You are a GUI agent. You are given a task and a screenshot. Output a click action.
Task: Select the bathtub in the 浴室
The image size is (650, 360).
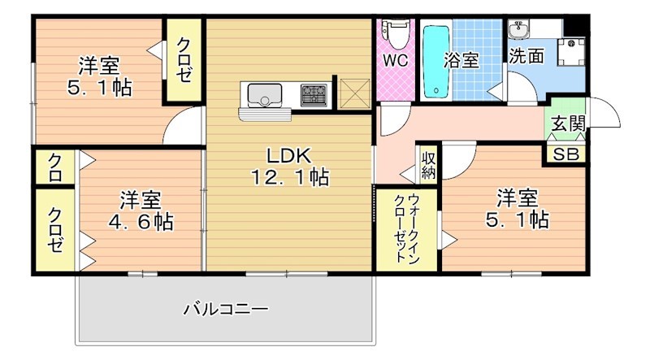click(437, 59)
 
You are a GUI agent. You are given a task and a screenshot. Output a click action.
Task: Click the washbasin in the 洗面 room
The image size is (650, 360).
click(518, 31)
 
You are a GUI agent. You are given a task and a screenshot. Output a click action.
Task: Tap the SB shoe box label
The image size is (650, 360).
click(566, 154)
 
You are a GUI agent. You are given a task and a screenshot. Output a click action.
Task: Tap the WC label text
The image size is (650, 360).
click(396, 60)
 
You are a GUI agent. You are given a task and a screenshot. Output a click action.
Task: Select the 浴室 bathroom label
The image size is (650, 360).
click(461, 59)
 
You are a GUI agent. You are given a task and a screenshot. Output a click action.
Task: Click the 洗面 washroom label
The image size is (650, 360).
click(527, 56)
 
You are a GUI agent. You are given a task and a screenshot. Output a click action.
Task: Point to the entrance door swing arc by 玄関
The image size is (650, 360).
click(604, 114)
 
